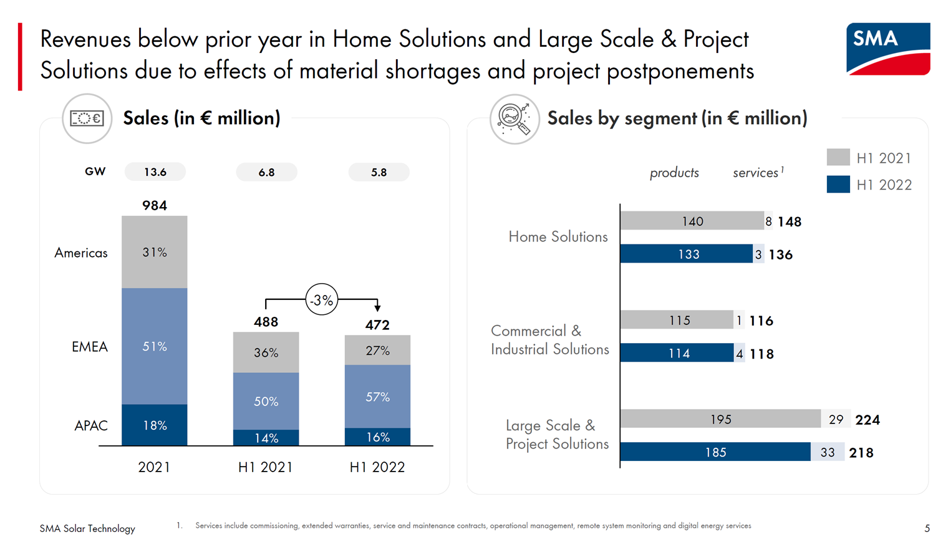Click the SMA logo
(887, 49)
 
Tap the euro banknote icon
(87, 118)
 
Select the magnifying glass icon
(515, 119)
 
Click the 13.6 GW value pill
(155, 172)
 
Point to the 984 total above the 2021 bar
(155, 205)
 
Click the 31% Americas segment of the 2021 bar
(155, 252)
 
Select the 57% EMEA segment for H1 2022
(377, 396)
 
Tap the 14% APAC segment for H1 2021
(266, 438)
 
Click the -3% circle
(322, 299)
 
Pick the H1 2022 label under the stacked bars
(377, 467)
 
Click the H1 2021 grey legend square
(838, 157)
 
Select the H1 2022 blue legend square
(838, 184)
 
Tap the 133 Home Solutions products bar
(686, 254)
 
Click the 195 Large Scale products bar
(721, 419)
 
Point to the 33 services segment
(828, 452)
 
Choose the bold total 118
(762, 354)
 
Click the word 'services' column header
(755, 173)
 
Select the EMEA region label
(90, 347)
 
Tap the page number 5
(927, 529)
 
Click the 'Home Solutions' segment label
(558, 236)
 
